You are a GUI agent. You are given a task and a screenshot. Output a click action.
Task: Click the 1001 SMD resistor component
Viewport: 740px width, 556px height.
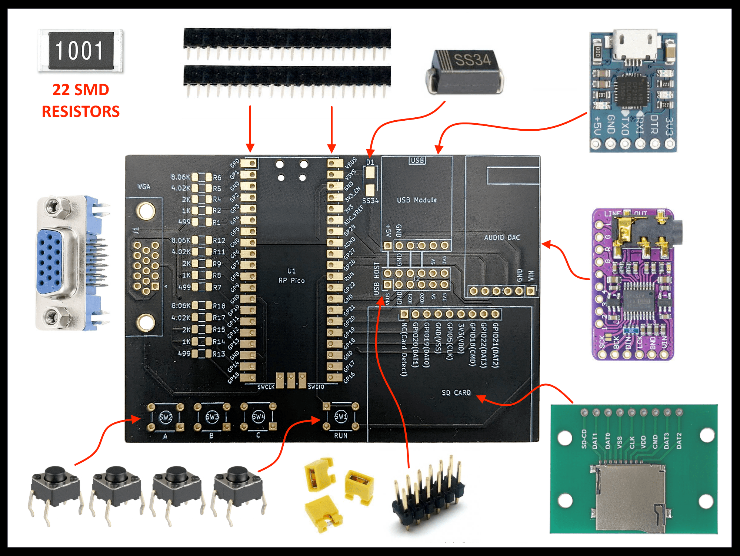click(81, 51)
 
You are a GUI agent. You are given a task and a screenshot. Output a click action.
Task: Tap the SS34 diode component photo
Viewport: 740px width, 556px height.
click(465, 72)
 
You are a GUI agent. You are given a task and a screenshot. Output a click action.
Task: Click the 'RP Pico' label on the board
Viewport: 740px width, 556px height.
click(291, 280)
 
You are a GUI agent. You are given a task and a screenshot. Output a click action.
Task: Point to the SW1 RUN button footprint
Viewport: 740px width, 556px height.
click(341, 416)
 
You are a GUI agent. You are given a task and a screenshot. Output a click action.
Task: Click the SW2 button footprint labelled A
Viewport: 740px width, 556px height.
click(166, 417)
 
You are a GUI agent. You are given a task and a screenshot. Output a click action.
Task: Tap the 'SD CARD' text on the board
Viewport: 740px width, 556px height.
click(456, 392)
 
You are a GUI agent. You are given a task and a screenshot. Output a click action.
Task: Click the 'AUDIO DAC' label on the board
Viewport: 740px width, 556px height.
click(502, 237)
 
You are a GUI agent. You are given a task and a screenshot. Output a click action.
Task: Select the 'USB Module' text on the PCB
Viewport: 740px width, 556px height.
click(417, 200)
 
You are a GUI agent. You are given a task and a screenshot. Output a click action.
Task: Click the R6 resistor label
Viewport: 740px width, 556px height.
click(217, 177)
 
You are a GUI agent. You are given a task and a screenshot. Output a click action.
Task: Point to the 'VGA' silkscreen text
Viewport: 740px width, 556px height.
click(144, 187)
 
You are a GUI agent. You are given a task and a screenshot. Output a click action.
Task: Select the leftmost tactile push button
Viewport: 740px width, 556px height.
click(55, 489)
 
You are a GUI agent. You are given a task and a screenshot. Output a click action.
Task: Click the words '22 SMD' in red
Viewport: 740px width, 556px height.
click(81, 90)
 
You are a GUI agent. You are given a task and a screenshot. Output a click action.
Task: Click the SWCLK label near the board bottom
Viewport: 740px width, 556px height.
click(266, 387)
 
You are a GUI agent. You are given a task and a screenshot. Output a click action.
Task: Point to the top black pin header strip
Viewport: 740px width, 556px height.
click(287, 38)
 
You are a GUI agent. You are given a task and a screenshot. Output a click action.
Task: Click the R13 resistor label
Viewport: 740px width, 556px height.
click(219, 354)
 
